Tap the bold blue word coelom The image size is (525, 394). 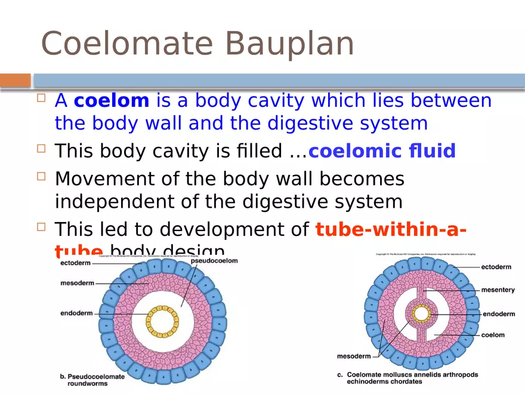pos(111,101)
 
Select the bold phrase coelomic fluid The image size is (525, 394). pos(382,151)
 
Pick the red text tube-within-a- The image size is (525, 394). pos(391,229)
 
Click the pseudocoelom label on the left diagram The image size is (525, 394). pos(214,260)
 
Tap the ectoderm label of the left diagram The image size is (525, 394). pos(75,263)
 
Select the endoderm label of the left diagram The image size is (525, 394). pos(76,312)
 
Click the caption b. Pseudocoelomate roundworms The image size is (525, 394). pos(92,380)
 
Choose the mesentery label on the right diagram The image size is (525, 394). pos(498,290)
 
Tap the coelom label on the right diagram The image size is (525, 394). pos(493,335)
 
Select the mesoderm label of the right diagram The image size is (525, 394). pos(354,356)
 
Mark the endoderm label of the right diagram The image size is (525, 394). pos(498,313)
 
